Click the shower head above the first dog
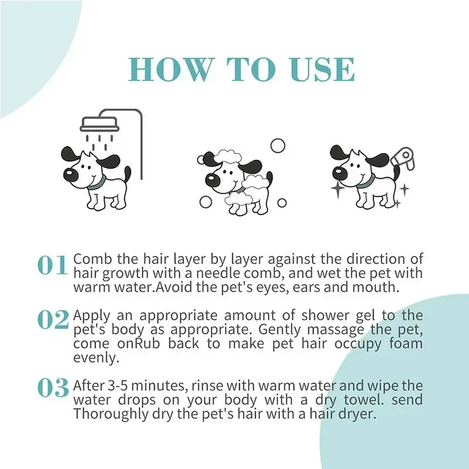(x=100, y=124)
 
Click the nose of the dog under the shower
(x=70, y=174)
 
